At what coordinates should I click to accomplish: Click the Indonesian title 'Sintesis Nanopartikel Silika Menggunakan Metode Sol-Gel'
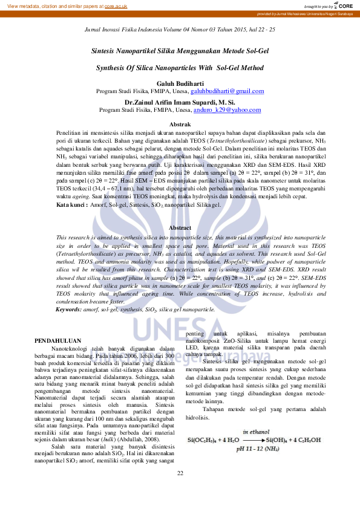pos(180,53)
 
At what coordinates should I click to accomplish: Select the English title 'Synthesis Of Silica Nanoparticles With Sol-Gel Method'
pos(180,68)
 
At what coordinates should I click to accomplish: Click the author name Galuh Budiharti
pos(180,82)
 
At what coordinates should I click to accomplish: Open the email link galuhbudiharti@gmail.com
pos(227,91)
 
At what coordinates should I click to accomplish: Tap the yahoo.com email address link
pos(227,110)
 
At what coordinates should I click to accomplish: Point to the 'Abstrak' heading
pos(180,124)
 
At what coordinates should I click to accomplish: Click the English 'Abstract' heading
pos(180,228)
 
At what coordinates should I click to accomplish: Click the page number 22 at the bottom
pos(180,490)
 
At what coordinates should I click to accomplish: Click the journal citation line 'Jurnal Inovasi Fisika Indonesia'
pos(180,28)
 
